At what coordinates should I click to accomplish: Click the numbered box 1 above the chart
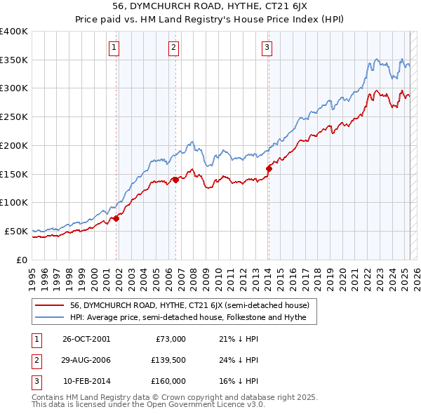tap(114, 48)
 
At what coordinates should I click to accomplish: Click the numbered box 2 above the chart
tap(173, 48)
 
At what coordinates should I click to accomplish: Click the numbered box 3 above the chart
tap(267, 48)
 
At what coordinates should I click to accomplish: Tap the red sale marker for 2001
tap(116, 218)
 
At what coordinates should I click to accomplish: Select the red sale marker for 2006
tap(175, 180)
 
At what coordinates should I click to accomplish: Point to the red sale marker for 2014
tap(269, 168)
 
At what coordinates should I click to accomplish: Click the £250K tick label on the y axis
tap(14, 117)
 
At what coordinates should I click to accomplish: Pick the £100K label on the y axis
tap(14, 202)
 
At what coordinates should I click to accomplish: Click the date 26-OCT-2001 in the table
tap(86, 339)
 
